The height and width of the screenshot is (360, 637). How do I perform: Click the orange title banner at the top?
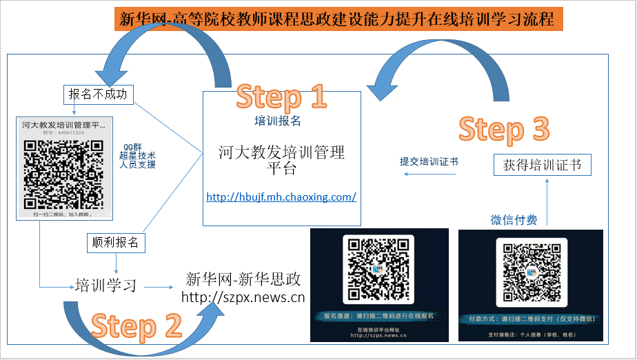pyautogui.click(x=338, y=20)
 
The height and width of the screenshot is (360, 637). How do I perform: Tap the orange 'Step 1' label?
pyautogui.click(x=281, y=97)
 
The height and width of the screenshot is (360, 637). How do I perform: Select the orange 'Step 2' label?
pyautogui.click(x=136, y=326)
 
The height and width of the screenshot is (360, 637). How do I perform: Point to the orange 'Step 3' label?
pyautogui.click(x=504, y=129)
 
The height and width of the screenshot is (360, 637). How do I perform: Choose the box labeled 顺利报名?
pyautogui.click(x=116, y=242)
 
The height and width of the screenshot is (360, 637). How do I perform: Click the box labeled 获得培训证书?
pyautogui.click(x=542, y=166)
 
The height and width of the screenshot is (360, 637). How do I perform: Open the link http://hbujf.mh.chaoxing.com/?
pyautogui.click(x=281, y=197)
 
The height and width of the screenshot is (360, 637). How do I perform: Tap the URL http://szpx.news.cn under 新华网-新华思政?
pyautogui.click(x=243, y=297)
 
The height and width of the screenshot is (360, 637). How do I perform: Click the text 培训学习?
pyautogui.click(x=105, y=285)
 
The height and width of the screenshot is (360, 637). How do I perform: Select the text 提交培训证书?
pyautogui.click(x=429, y=161)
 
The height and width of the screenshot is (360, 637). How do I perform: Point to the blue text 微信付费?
pyautogui.click(x=514, y=220)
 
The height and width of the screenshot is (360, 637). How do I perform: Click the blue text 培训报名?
pyautogui.click(x=278, y=121)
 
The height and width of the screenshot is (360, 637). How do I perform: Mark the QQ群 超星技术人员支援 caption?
pyautogui.click(x=138, y=155)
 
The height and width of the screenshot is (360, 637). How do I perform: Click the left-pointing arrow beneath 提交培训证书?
pyautogui.click(x=429, y=174)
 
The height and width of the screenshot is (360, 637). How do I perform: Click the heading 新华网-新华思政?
pyautogui.click(x=243, y=279)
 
